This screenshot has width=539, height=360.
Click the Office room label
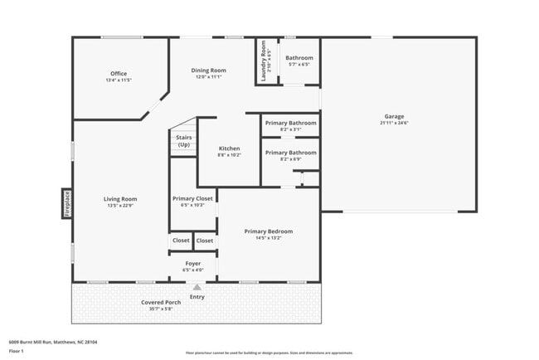[x=119, y=73]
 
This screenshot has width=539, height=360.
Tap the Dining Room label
[x=209, y=71]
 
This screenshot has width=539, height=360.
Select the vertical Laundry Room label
[x=264, y=61]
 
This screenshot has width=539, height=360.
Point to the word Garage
[x=393, y=116]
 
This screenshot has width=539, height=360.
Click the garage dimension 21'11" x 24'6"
[x=394, y=123]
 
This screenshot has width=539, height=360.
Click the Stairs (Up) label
[x=183, y=141]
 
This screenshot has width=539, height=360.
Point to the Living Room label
[x=119, y=199]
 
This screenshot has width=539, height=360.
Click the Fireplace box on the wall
[x=67, y=203]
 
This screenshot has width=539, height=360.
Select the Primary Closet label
[x=192, y=198]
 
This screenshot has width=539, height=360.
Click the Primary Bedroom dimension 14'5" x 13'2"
[x=268, y=238]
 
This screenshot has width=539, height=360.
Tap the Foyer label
[x=192, y=264]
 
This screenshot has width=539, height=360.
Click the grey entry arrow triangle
[x=197, y=288]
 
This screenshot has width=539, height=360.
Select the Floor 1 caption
[x=17, y=351]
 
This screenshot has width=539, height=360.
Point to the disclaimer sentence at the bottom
[x=269, y=352]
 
